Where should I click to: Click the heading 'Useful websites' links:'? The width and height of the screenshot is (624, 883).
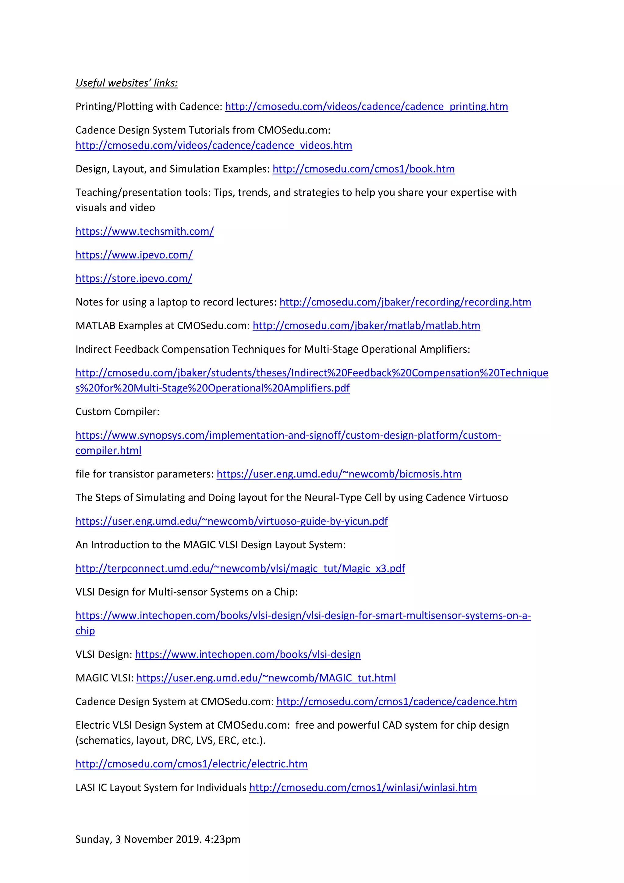tap(126, 83)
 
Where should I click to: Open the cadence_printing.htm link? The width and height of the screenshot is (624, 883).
tap(366, 106)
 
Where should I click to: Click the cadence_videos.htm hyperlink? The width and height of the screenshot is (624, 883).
tap(214, 145)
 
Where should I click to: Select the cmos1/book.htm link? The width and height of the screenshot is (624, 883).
tap(363, 169)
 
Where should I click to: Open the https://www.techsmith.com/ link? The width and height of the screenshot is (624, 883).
tap(144, 231)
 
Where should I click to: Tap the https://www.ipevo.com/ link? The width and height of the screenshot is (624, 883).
tap(134, 255)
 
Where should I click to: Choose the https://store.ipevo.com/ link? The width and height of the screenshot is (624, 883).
tap(134, 278)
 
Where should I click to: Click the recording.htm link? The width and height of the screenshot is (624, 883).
tap(405, 302)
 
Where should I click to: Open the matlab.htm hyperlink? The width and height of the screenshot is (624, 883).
tap(366, 326)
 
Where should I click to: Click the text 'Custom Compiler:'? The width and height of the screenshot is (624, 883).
tap(117, 412)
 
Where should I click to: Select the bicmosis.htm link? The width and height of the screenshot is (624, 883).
tap(339, 474)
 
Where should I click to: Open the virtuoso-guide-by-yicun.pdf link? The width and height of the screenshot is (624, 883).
tap(231, 521)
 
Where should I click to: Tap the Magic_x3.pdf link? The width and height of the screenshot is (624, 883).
tap(240, 568)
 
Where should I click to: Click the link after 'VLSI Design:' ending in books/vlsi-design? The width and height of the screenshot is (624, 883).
tap(248, 654)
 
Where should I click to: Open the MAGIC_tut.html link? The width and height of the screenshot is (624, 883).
tap(266, 678)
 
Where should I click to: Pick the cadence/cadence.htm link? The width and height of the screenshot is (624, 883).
tap(396, 702)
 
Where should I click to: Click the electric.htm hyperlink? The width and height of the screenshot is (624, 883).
tap(191, 764)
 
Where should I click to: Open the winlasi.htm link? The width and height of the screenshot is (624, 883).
tap(363, 788)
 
